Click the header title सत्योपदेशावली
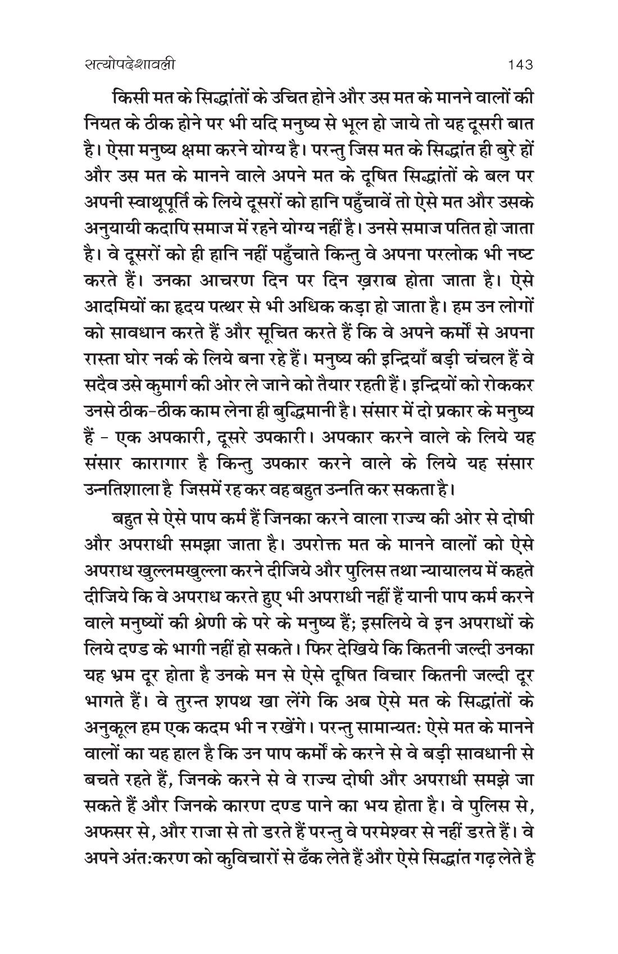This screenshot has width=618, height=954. point(125,65)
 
